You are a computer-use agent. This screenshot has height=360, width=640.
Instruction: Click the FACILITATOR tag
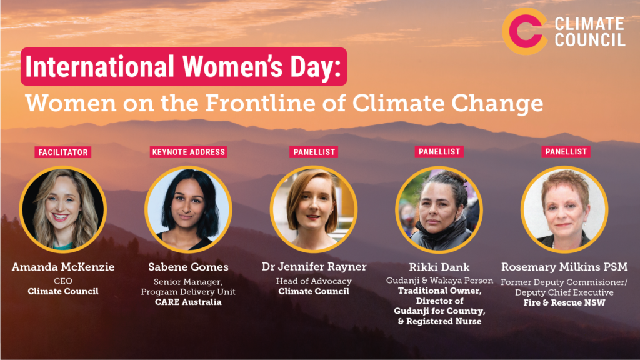pyautogui.click(x=63, y=152)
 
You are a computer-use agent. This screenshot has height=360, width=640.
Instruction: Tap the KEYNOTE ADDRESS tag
pyautogui.click(x=188, y=152)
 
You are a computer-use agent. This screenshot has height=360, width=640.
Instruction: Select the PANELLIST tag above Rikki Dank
pyautogui.click(x=439, y=151)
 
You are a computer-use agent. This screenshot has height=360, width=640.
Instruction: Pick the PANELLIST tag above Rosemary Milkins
pyautogui.click(x=566, y=151)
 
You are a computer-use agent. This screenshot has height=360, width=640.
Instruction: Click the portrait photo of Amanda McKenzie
pyautogui.click(x=63, y=209)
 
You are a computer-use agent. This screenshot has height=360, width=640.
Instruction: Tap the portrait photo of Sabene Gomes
pyautogui.click(x=188, y=209)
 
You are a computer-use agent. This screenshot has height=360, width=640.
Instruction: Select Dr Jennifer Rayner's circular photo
pyautogui.click(x=314, y=209)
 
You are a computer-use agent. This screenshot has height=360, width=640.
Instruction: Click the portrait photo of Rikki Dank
pyautogui.click(x=439, y=209)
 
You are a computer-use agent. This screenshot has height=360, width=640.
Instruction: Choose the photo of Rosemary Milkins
pyautogui.click(x=564, y=209)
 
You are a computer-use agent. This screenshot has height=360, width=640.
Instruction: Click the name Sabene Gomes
pyautogui.click(x=188, y=267)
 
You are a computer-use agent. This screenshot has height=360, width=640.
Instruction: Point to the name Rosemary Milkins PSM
pyautogui.click(x=564, y=267)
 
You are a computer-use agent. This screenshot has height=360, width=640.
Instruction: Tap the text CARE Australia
pyautogui.click(x=188, y=302)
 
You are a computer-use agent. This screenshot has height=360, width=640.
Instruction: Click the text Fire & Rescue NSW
pyautogui.click(x=564, y=303)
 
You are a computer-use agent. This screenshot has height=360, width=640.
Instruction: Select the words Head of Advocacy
pyautogui.click(x=314, y=281)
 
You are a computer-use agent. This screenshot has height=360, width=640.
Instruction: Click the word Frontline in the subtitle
pyautogui.click(x=261, y=102)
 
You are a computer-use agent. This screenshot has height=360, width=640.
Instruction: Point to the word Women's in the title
pyautogui.click(x=232, y=66)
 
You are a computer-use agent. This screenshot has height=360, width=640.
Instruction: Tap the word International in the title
pyautogui.click(x=100, y=66)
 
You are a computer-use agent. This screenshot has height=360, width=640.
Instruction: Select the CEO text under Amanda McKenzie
pyautogui.click(x=63, y=281)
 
